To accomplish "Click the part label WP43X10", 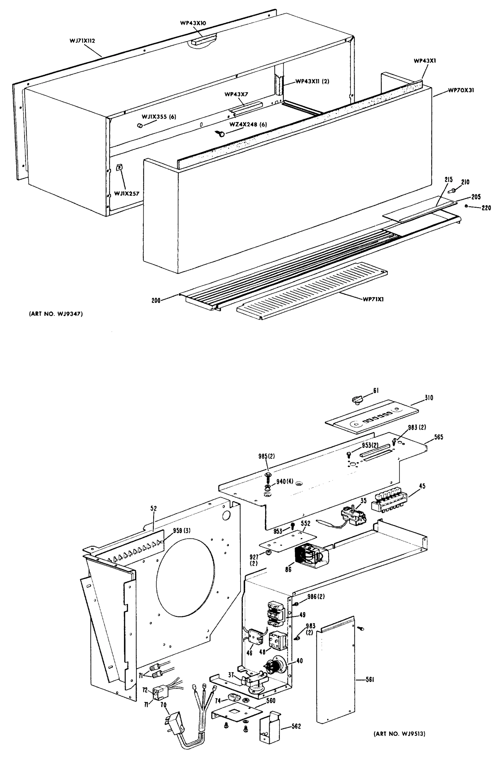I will coord(193,23).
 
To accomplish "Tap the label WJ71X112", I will coord(82,41).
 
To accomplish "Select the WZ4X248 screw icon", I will coord(221,133).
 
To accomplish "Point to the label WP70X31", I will coord(461,90).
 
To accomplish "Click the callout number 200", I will coord(156,301).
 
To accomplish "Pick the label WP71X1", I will coord(373,299).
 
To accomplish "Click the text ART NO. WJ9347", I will coord(56,314).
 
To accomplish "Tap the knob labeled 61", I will coord(357,400).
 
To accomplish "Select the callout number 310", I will coord(429,398).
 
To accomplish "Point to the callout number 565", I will coord(438,437).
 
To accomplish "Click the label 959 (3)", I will coord(182,530).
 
